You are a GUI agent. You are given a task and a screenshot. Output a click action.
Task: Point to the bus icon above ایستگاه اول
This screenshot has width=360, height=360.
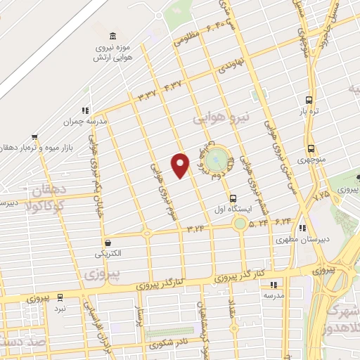[x=233, y=198]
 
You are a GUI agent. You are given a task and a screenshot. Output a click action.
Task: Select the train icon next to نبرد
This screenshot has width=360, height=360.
[x=60, y=296]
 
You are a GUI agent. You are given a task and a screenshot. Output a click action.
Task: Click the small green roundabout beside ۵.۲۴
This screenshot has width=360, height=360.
[x=240, y=224]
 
